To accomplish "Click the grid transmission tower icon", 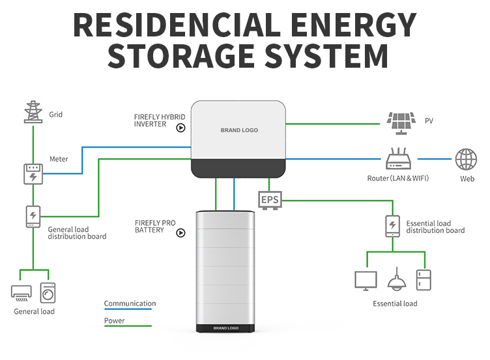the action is click(x=33, y=112).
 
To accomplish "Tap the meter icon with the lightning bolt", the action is click(x=33, y=174).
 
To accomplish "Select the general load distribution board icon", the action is click(x=33, y=216).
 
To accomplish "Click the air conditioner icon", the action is click(x=22, y=293).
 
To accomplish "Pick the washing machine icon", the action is click(x=48, y=293).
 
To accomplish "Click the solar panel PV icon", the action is click(x=401, y=123).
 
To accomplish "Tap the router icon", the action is click(x=398, y=159).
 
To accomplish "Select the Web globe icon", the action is click(x=466, y=159).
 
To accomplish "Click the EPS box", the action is click(x=270, y=200).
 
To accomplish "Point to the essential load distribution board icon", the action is click(x=392, y=226).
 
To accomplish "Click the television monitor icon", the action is click(x=366, y=281).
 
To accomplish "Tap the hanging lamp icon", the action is click(x=397, y=279).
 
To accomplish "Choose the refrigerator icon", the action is click(x=424, y=280).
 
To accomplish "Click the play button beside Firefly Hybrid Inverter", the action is click(x=180, y=128).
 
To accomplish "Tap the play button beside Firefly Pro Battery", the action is click(x=180, y=233).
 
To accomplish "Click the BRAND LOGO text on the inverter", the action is click(x=239, y=130).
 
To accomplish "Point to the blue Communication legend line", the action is click(x=128, y=309).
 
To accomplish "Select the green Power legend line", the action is click(x=128, y=326).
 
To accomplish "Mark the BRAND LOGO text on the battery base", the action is click(x=226, y=328).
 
